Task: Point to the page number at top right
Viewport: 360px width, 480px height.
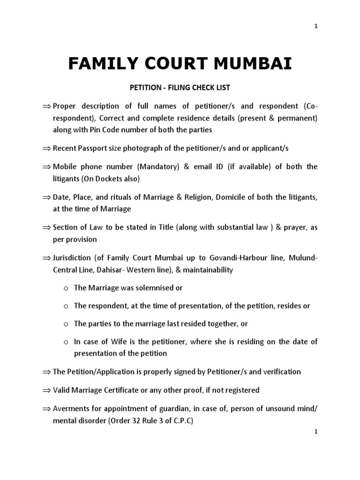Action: point(316,26)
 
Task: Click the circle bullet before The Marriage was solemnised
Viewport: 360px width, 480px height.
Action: point(67,288)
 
